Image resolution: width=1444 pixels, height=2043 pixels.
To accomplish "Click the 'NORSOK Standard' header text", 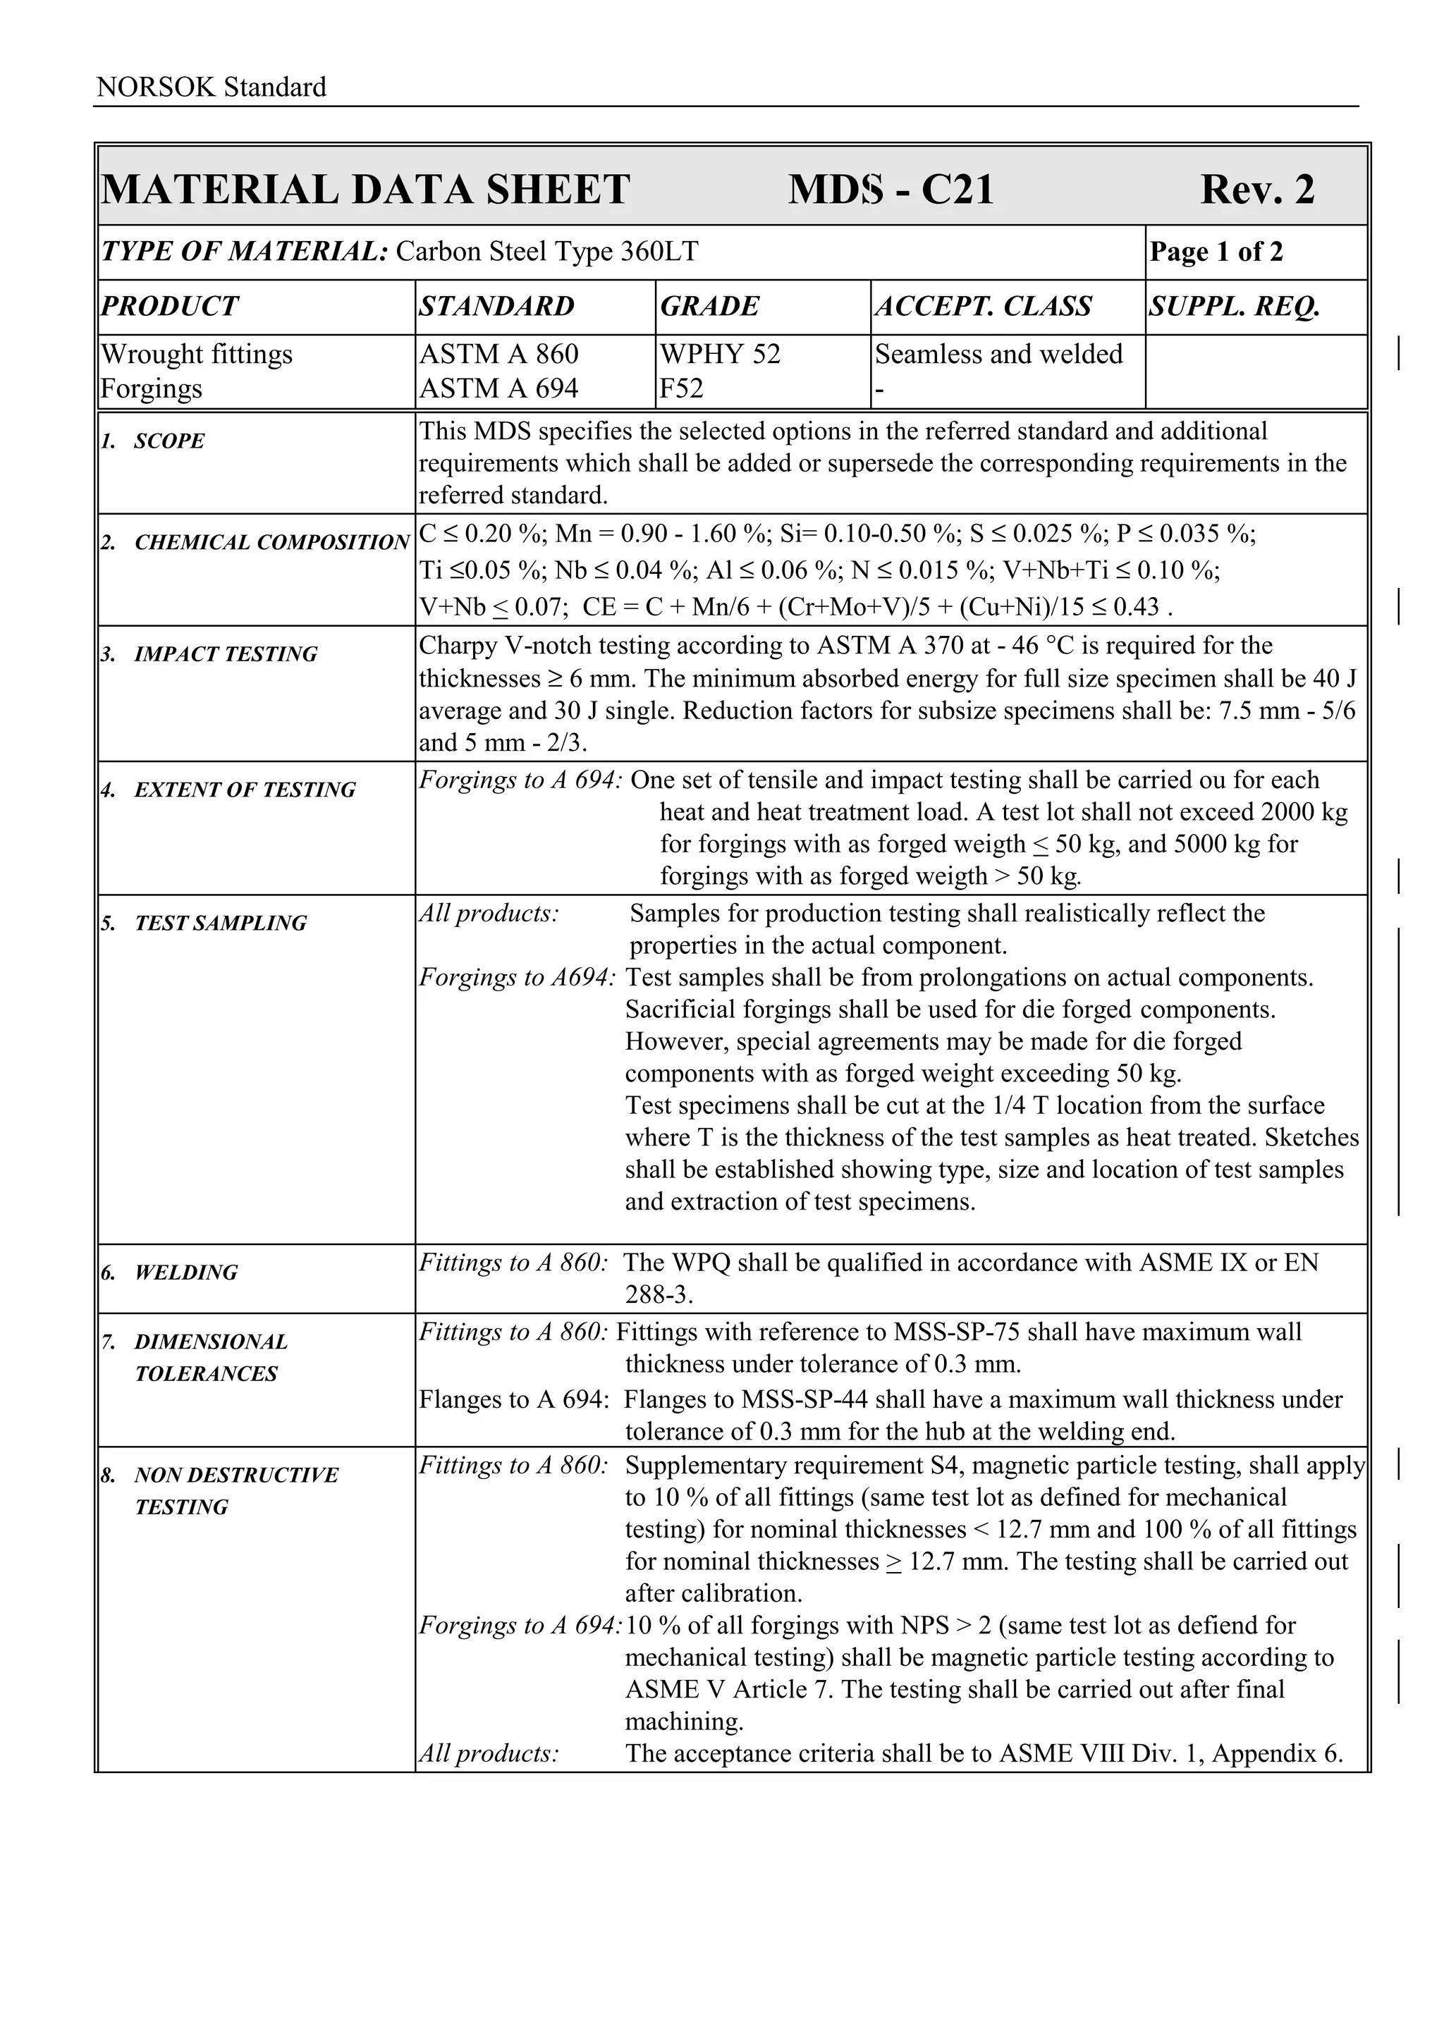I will (211, 87).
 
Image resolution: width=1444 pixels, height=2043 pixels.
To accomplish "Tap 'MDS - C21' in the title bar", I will (890, 190).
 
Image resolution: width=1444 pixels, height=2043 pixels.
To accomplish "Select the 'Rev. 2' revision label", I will (1256, 190).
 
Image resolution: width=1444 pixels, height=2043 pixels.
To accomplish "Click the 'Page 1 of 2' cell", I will (1216, 252).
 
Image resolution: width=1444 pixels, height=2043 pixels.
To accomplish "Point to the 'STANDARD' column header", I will (496, 306).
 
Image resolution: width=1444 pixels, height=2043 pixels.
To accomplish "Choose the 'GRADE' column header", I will (709, 306).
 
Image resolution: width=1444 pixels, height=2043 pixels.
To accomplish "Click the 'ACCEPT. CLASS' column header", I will (983, 306).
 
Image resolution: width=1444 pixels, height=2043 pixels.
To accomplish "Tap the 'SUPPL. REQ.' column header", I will (1234, 306).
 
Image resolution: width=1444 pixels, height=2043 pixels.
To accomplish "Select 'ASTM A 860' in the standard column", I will (498, 354).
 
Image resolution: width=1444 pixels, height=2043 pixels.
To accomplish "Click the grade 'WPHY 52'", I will (720, 354).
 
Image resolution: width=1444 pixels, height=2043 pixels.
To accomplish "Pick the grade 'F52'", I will (682, 389).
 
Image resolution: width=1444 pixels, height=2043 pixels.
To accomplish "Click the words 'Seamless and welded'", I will (998, 354).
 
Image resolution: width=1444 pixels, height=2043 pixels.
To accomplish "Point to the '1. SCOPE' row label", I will (153, 441).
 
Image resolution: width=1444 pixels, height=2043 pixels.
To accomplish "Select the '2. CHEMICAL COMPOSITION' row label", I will (255, 542).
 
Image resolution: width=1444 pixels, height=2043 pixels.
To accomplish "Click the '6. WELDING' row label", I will (169, 1272).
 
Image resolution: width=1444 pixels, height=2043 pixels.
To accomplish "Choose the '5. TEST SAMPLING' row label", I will (204, 923).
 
